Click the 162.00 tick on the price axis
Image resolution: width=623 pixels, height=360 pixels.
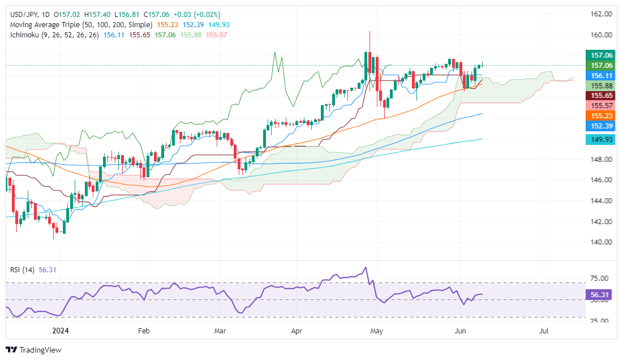(600, 14)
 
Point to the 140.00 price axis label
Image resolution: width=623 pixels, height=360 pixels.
(600, 242)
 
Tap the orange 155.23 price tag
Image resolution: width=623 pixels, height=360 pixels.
(600, 115)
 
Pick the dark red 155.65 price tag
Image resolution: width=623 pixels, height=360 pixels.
(600, 96)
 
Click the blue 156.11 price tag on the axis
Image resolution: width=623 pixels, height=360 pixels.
(600, 75)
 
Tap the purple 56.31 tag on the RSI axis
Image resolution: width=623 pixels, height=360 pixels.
(600, 294)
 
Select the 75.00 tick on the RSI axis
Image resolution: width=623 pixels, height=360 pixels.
(600, 278)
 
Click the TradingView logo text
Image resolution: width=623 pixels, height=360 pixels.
(39, 350)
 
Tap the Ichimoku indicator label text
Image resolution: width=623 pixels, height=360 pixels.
(27, 35)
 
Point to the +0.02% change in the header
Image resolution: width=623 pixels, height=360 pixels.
(206, 14)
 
